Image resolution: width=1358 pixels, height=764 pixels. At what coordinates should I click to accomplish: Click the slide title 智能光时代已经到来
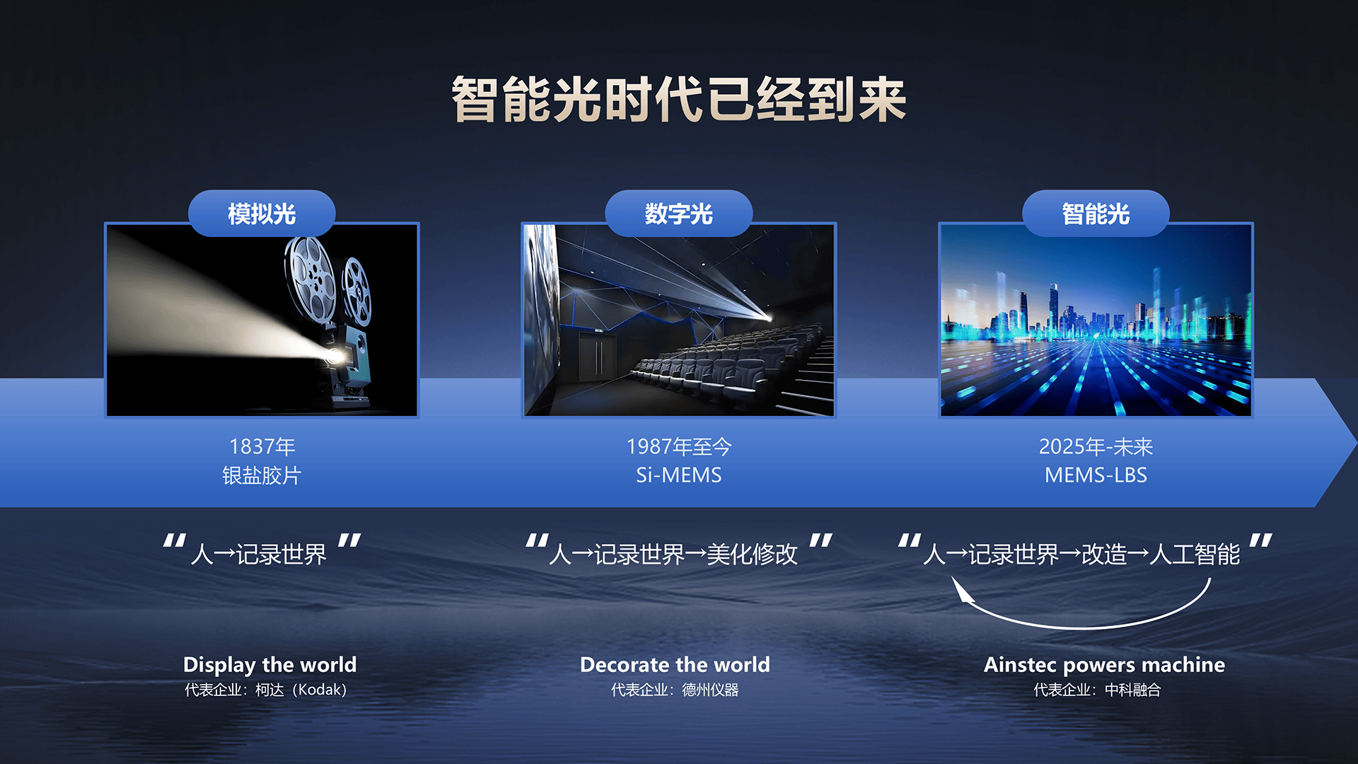click(679, 99)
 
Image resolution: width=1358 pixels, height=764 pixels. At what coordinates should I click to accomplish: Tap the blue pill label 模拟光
click(262, 213)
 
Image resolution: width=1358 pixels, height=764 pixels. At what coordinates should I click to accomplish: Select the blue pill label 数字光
click(679, 213)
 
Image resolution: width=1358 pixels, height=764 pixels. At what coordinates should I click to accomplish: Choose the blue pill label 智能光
click(1096, 213)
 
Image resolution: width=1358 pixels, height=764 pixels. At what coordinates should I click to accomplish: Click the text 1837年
click(262, 446)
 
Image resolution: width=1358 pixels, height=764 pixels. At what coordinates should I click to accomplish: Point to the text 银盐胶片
click(262, 475)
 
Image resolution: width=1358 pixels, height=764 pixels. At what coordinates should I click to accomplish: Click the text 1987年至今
click(679, 446)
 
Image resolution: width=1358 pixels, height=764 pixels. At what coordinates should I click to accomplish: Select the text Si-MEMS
click(679, 475)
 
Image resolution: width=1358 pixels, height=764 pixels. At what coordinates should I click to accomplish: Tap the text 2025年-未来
click(1096, 446)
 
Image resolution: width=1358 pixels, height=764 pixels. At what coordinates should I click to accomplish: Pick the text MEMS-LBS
click(1096, 475)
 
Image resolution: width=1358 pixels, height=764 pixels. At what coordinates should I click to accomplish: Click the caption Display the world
click(269, 665)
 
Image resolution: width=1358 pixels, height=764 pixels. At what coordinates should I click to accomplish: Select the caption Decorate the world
click(675, 665)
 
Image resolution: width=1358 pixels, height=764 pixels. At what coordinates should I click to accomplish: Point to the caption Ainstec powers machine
click(1104, 665)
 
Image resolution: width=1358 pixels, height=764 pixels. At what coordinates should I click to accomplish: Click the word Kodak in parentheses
click(321, 690)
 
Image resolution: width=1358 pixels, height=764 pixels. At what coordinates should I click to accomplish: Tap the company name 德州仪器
click(710, 690)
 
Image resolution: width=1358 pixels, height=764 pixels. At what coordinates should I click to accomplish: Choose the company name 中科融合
click(1133, 690)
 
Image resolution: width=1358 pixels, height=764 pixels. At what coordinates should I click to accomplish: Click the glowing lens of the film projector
click(335, 355)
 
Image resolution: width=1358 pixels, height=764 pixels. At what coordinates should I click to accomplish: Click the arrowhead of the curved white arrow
click(962, 589)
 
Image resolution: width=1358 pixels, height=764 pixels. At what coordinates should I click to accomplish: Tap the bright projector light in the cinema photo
click(767, 318)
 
